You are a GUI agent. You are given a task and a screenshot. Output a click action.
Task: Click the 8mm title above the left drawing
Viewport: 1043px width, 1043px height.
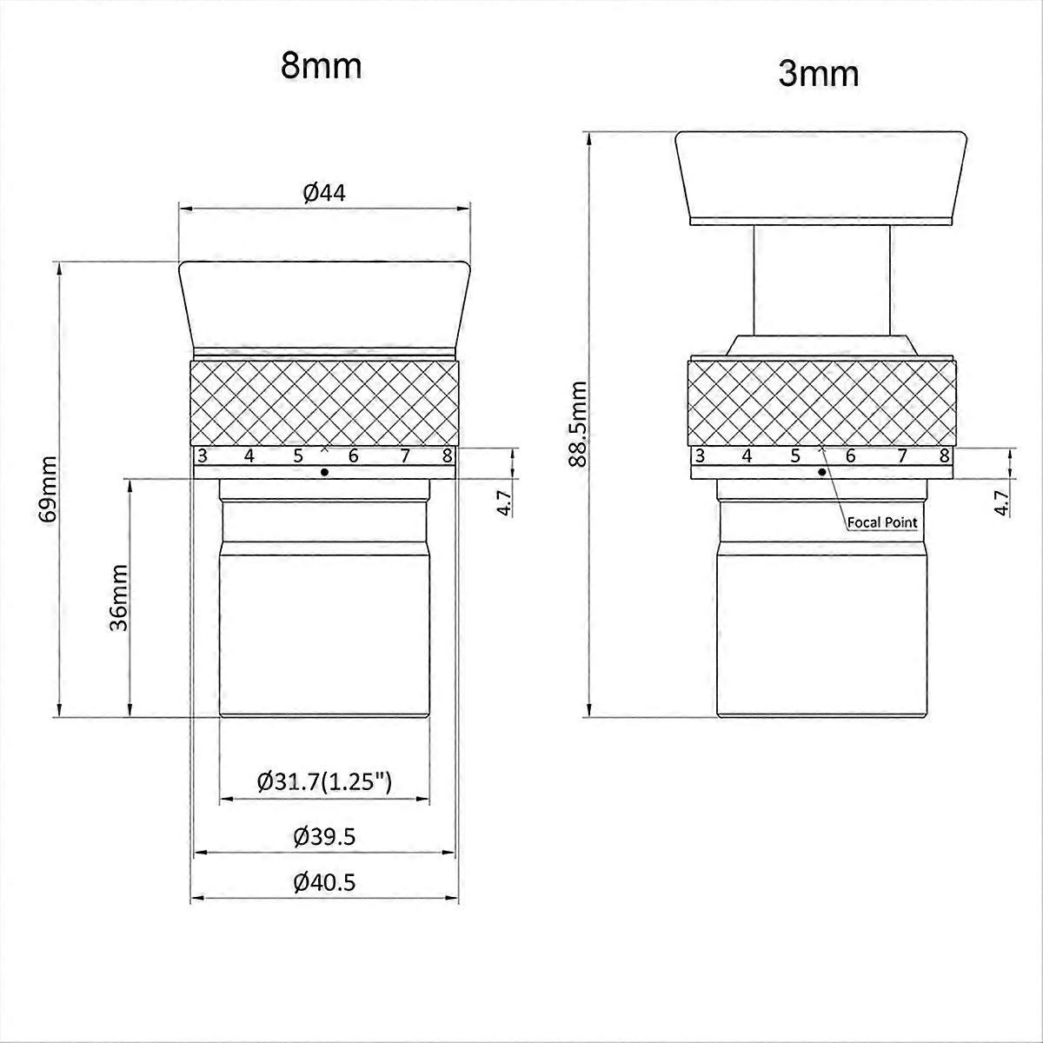pos(321,66)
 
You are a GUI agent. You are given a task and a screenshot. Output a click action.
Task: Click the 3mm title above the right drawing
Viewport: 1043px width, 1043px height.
pos(819,74)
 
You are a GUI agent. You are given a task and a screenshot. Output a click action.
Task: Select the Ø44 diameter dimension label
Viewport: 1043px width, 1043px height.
pos(324,193)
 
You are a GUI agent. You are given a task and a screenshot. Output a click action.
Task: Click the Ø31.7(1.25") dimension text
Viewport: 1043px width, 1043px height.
pos(325,781)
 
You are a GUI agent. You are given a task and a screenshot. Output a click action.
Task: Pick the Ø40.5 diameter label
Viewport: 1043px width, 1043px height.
pos(324,883)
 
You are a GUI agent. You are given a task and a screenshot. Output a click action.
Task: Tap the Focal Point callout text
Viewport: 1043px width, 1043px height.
pos(880,523)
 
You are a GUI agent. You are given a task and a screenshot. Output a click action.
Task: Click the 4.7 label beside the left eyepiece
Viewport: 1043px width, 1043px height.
pos(504,503)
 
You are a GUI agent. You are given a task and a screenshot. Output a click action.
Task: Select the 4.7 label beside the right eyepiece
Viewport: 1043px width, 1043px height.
pos(1002,503)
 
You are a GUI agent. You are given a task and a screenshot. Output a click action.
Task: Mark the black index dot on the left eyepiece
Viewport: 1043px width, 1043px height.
pos(325,472)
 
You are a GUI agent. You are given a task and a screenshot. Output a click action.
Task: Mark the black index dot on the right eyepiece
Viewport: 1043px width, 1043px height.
pos(822,472)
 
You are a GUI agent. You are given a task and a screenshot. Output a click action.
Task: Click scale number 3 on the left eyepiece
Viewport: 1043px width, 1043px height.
pos(203,455)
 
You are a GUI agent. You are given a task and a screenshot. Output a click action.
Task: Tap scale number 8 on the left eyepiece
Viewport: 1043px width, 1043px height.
pos(447,455)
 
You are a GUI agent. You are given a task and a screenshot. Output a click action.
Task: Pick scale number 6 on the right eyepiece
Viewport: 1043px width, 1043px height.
pos(850,455)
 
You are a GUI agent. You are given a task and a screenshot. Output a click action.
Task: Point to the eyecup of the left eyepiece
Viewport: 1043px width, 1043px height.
pos(324,304)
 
